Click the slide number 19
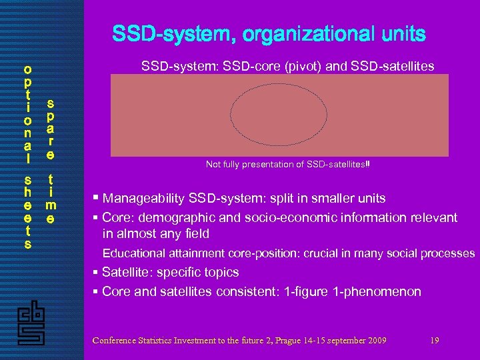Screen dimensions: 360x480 click(435, 341)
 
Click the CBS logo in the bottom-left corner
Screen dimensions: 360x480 click(30, 325)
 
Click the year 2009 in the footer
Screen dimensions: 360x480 click(375, 341)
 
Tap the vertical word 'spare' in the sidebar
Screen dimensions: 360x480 click(50, 129)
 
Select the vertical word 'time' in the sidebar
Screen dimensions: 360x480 click(50, 199)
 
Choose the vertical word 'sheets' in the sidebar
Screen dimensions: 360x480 click(27, 212)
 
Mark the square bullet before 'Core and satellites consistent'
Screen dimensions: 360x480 click(96, 291)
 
